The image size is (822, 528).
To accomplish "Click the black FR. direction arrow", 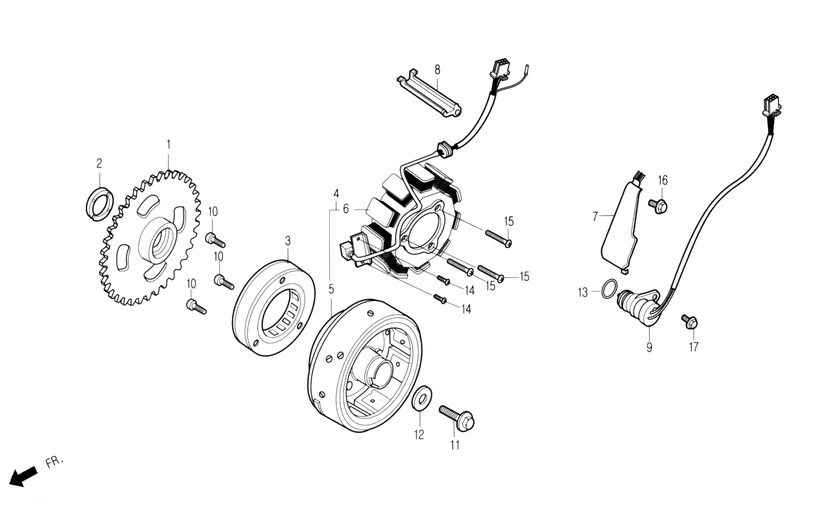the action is pyautogui.click(x=23, y=475).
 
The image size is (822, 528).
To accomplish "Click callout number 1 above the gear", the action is pyautogui.click(x=169, y=145).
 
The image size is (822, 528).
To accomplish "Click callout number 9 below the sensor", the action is pyautogui.click(x=649, y=347).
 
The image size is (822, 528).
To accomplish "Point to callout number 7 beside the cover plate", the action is pyautogui.click(x=595, y=216).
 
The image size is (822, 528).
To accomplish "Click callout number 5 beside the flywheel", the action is pyautogui.click(x=331, y=289).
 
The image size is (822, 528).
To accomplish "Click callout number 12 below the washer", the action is pyautogui.click(x=419, y=435).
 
